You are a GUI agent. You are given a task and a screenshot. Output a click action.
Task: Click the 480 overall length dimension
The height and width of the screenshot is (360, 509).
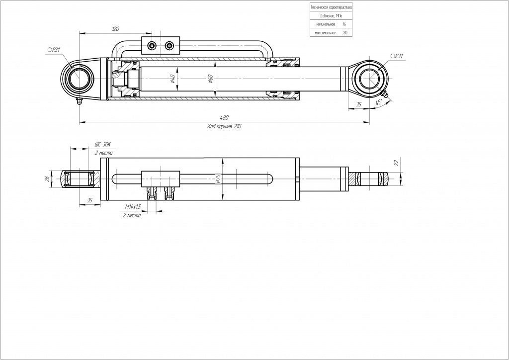224,118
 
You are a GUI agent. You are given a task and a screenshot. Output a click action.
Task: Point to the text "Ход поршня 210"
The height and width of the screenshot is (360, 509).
224,126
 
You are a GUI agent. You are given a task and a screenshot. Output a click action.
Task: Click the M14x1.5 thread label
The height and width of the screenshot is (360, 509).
133,206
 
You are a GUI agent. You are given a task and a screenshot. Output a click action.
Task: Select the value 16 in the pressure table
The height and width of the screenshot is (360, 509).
344,24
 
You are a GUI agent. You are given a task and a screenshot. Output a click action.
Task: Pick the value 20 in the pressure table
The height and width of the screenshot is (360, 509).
345,33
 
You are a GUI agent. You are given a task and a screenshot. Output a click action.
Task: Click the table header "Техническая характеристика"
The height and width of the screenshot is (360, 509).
331,7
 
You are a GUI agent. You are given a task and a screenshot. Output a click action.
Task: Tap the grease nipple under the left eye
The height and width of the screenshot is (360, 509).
78,102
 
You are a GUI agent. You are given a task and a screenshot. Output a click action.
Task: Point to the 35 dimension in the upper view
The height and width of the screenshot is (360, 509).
358,104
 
